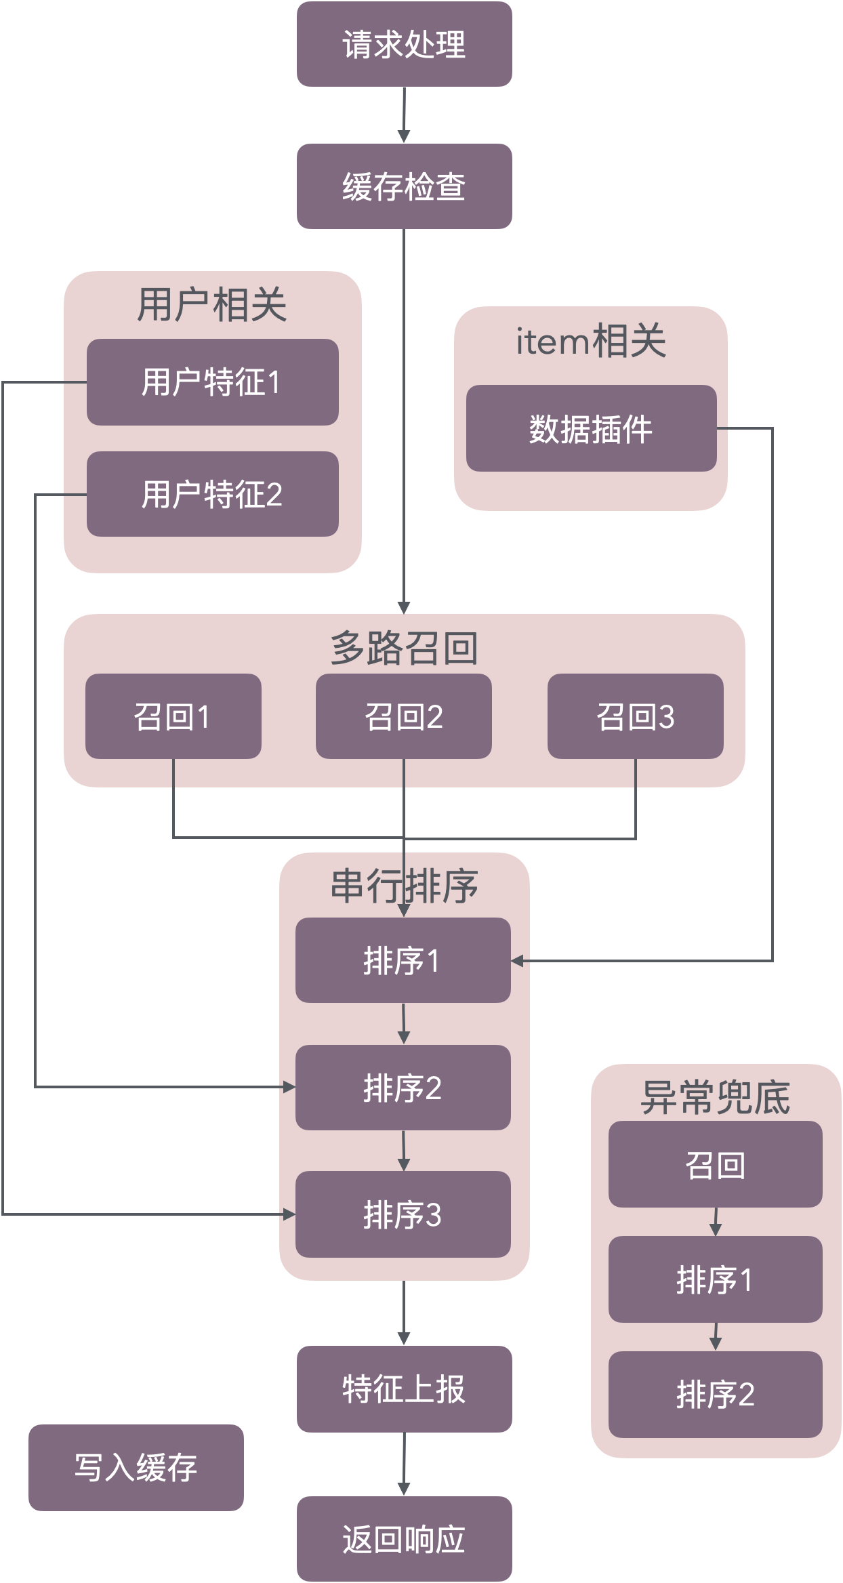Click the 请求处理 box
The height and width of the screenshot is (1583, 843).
pyautogui.click(x=404, y=45)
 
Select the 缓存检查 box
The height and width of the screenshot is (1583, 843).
pyautogui.click(x=404, y=186)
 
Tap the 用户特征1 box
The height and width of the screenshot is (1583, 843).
pyautogui.click(x=212, y=382)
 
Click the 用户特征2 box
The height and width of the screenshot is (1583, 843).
pyautogui.click(x=212, y=494)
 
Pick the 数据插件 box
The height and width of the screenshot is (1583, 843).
pyautogui.click(x=591, y=428)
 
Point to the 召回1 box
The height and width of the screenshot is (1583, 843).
pyautogui.click(x=173, y=716)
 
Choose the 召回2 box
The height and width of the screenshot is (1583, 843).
pyautogui.click(x=404, y=716)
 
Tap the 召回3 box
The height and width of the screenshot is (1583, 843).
pyautogui.click(x=635, y=716)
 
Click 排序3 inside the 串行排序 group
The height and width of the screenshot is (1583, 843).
pyautogui.click(x=403, y=1215)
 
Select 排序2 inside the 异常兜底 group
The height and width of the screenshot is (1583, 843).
pyautogui.click(x=715, y=1395)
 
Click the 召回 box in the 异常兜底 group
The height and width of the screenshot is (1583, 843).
pyautogui.click(x=715, y=1165)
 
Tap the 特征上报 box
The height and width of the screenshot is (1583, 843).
pyautogui.click(x=404, y=1389)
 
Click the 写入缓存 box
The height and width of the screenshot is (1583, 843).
pyautogui.click(x=136, y=1468)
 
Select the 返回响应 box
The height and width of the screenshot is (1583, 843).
pyautogui.click(x=404, y=1539)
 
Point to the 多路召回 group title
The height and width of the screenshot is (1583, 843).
pyautogui.click(x=404, y=648)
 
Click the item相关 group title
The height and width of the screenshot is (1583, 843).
pyautogui.click(x=591, y=341)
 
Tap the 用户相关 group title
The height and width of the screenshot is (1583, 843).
pyautogui.click(x=212, y=304)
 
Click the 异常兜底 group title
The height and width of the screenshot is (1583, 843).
pyautogui.click(x=715, y=1098)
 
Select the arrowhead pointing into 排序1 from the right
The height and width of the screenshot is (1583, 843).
pyautogui.click(x=518, y=960)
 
